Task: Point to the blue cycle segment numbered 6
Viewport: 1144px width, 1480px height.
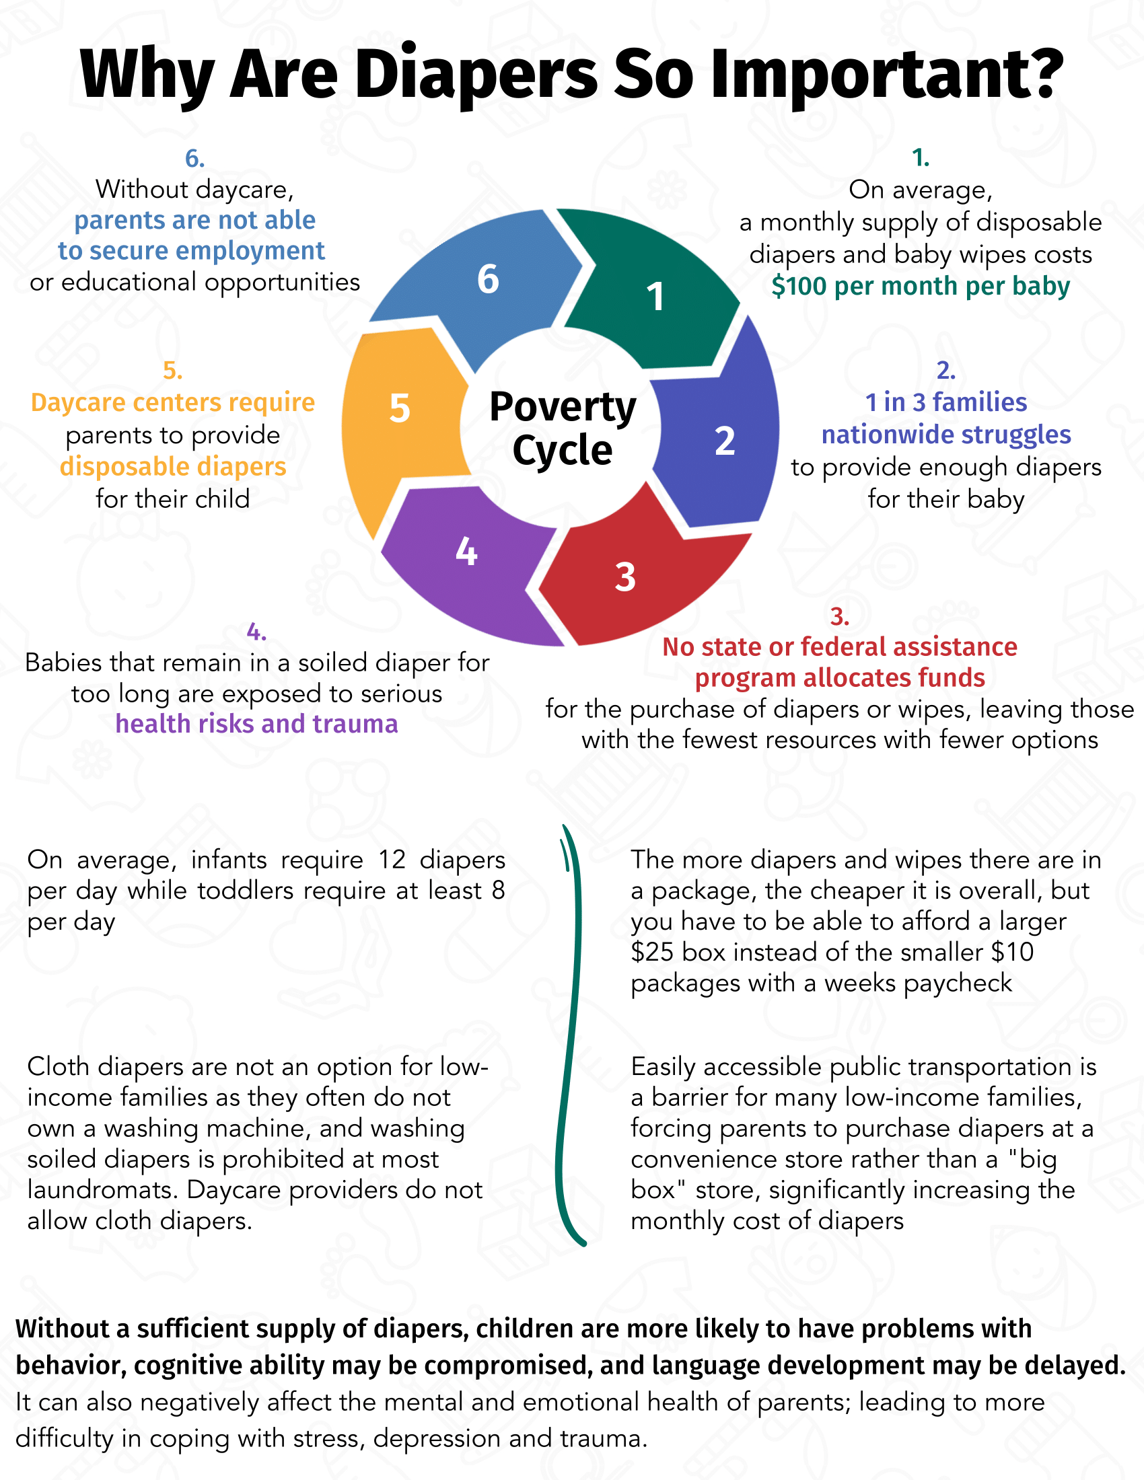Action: [488, 279]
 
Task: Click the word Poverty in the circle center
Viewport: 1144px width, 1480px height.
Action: [562, 406]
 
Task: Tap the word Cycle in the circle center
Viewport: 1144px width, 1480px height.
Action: [562, 450]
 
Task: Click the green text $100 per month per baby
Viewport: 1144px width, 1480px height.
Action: [920, 286]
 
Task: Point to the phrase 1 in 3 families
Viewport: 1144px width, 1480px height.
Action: [945, 402]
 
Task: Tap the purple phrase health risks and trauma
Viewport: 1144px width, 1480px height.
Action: [256, 724]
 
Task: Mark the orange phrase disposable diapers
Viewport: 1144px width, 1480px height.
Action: [173, 467]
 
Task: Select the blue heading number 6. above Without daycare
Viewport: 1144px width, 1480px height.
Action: [194, 159]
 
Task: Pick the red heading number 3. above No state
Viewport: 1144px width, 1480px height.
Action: [839, 617]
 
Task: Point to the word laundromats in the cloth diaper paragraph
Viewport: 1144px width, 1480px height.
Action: [102, 1190]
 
